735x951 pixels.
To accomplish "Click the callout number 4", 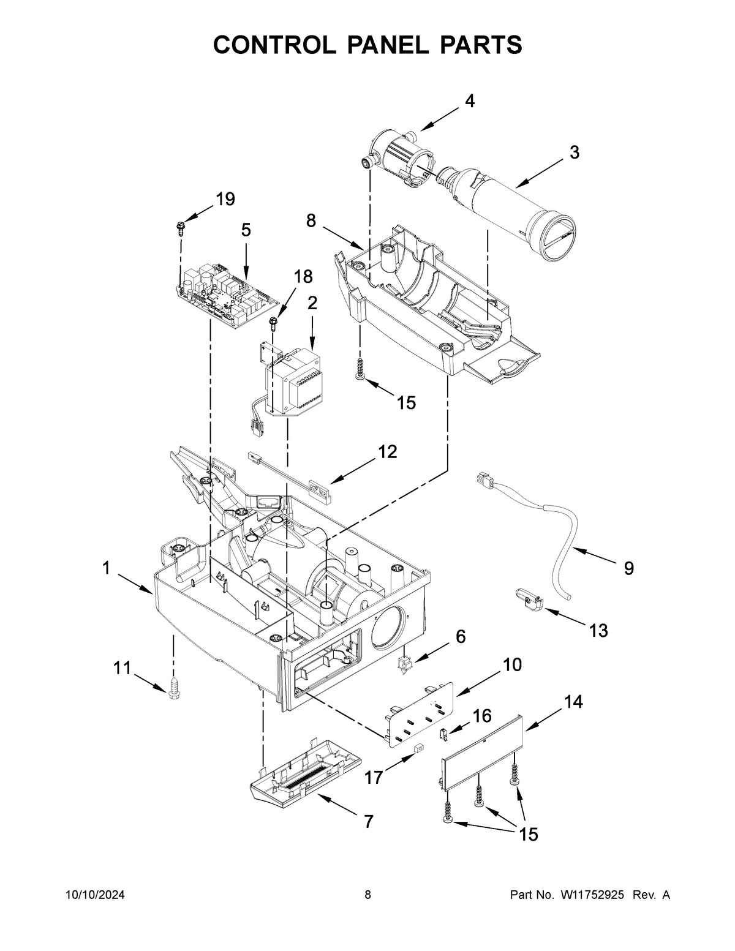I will pos(469,101).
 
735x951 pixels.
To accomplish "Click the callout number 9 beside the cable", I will pos(629,568).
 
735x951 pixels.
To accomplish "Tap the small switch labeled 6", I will pos(402,664).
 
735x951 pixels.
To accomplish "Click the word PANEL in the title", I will pos(367,45).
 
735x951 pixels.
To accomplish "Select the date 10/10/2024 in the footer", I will pos(95,895).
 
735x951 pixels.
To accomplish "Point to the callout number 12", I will pos(386,452).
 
